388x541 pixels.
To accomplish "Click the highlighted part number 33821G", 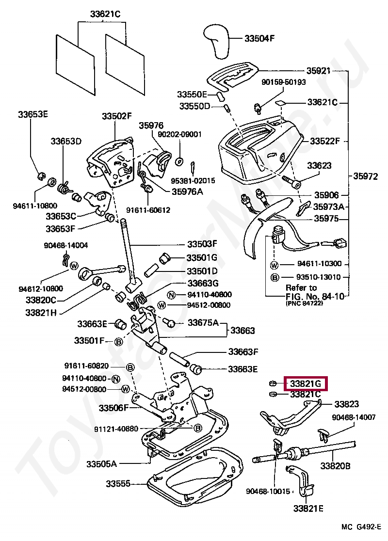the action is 306,383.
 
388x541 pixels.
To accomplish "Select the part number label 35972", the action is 365,176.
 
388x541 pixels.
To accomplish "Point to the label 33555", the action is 118,484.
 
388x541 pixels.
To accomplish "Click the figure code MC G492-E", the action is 361,527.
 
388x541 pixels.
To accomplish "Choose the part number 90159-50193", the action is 283,82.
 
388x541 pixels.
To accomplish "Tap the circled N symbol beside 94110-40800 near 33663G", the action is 172,295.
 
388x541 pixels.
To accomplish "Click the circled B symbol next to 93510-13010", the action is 275,277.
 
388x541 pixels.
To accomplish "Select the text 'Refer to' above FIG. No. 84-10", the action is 301,288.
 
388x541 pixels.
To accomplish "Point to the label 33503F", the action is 202,244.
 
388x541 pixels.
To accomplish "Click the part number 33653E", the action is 33,114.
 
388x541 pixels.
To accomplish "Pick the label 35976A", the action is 187,191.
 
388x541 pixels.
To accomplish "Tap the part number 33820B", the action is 335,466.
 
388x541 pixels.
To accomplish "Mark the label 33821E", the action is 308,508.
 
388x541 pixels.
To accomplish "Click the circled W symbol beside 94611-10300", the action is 274,265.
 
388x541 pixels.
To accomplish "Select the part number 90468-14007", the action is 354,417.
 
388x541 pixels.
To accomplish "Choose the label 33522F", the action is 325,141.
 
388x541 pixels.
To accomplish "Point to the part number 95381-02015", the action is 193,180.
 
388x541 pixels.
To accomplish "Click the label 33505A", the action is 101,464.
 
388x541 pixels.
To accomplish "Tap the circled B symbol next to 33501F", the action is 118,342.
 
